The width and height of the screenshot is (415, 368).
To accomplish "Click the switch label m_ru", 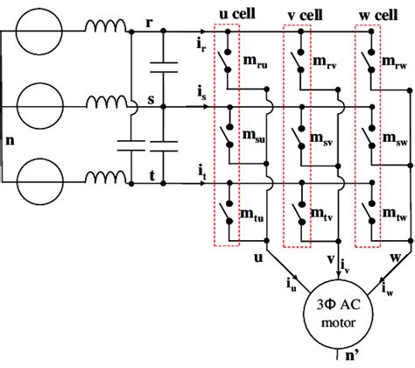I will (254, 64).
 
